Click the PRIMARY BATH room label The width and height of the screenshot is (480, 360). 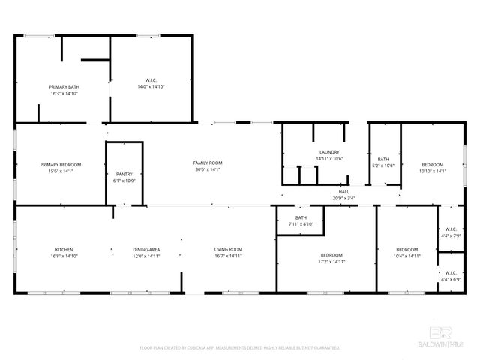64,87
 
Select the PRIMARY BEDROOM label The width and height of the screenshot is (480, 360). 60,165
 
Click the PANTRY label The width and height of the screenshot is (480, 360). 124,174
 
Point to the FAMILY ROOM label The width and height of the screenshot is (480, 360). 208,163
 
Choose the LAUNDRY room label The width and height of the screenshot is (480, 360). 329,152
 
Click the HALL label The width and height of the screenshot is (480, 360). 344,192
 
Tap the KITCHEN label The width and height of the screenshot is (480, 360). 64,250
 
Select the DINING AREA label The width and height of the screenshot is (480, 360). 146,250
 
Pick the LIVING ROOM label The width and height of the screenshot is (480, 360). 228,250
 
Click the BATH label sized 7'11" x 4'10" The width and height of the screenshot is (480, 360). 301,217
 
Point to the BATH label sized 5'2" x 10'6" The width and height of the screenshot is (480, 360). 383,159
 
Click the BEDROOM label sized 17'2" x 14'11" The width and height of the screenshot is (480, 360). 326,255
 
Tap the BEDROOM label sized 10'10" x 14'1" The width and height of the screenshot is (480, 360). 432,165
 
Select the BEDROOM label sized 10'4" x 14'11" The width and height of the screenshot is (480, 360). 406,250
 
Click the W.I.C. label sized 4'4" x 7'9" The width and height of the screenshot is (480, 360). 451,229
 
